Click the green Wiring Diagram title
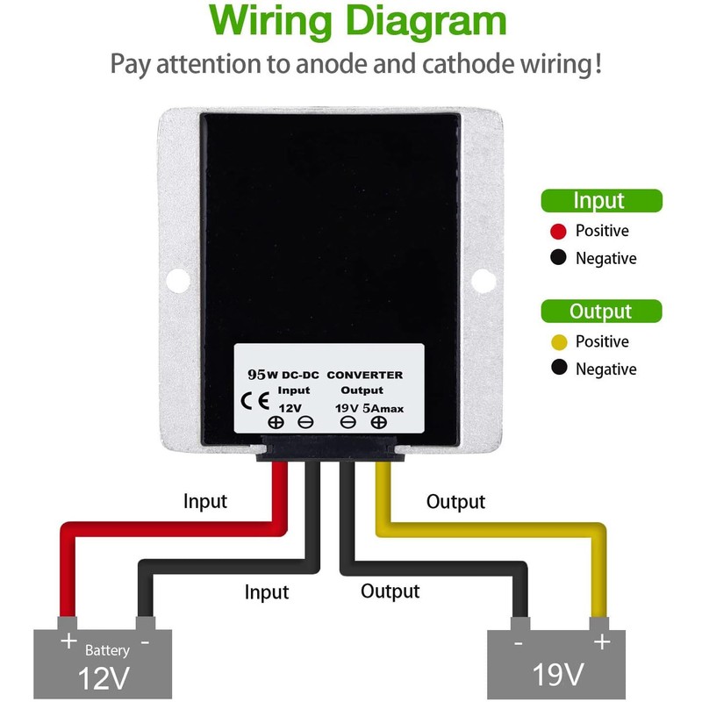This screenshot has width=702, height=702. (x=357, y=21)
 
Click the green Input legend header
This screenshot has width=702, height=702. (x=601, y=201)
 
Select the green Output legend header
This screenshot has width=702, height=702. (x=601, y=312)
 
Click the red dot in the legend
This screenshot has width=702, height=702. (x=558, y=231)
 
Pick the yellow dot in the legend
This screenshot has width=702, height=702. (x=559, y=342)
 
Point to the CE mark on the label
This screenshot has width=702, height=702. (x=255, y=401)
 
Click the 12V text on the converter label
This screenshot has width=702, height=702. (x=290, y=408)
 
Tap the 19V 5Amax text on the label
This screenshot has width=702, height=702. (x=369, y=408)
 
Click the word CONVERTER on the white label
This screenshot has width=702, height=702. (x=365, y=375)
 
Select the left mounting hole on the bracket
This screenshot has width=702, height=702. (x=178, y=280)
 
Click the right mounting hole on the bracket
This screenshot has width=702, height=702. (x=484, y=281)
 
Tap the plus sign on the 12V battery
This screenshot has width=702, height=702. (x=69, y=641)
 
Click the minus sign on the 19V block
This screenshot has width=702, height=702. (x=519, y=644)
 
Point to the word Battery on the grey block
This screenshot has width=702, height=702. (x=107, y=650)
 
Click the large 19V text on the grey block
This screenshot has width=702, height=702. (x=558, y=674)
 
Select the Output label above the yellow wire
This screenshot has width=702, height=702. (x=455, y=502)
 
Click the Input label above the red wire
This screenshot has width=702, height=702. (x=205, y=502)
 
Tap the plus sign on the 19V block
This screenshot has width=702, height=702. (x=602, y=641)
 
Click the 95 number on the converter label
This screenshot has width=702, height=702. (x=257, y=375)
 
